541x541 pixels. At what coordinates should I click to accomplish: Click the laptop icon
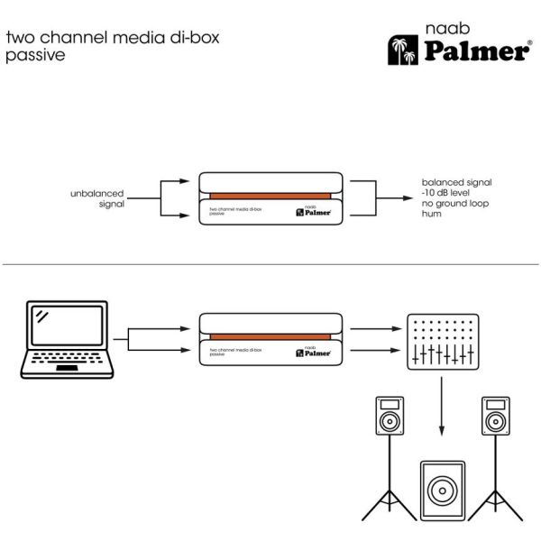coord(64,341)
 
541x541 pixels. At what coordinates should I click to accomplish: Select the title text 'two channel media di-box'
coord(114,38)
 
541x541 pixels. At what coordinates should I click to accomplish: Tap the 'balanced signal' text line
coord(457,183)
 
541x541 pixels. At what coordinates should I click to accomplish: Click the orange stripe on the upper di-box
coord(270,197)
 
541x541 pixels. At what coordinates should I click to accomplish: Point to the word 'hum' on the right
coord(432,215)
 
